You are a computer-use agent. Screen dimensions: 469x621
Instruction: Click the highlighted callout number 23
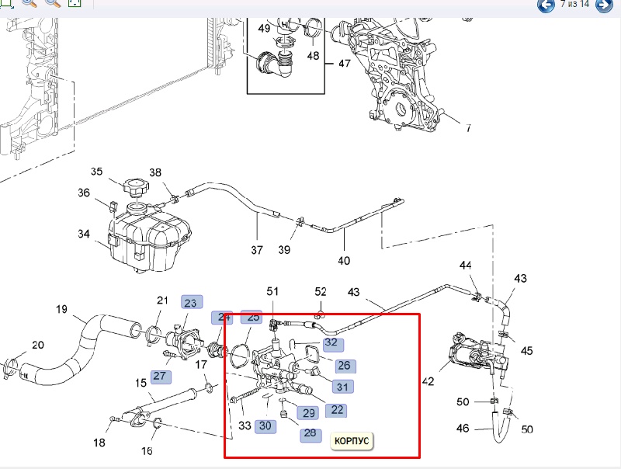coord(190,302)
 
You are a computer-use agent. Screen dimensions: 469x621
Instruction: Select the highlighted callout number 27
coord(160,376)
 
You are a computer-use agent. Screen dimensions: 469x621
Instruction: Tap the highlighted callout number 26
coord(344,365)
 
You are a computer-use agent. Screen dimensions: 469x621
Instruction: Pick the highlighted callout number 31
coord(342,386)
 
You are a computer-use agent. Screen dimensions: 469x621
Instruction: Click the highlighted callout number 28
coord(310,433)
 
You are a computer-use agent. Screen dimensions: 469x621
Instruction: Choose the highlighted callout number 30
coord(265,425)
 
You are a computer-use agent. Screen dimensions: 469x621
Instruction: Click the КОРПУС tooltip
coord(352,441)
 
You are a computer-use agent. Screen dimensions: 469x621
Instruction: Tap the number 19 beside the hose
coord(62,310)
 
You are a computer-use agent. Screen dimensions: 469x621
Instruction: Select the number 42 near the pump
coord(428,381)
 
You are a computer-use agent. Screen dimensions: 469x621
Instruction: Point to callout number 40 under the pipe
coord(344,260)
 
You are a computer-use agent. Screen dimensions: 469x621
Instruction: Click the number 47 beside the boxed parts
coord(344,64)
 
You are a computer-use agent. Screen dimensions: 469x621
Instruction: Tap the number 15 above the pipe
coord(141,383)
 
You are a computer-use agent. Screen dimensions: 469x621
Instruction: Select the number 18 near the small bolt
coord(99,443)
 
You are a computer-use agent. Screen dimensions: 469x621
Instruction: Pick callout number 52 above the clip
coord(321,291)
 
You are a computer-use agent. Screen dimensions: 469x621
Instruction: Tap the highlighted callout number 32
coord(331,342)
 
